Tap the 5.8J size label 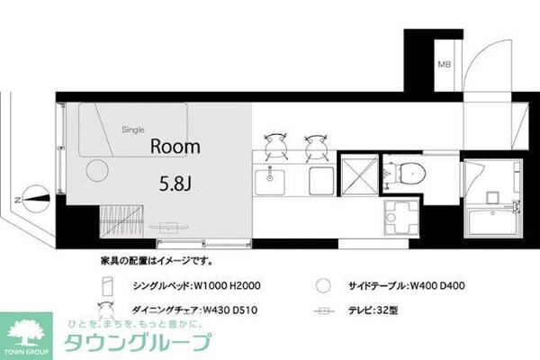[x=173, y=184]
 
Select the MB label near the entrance [x=444, y=65]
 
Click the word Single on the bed [x=133, y=130]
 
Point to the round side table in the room [x=95, y=170]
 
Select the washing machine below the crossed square [x=400, y=216]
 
